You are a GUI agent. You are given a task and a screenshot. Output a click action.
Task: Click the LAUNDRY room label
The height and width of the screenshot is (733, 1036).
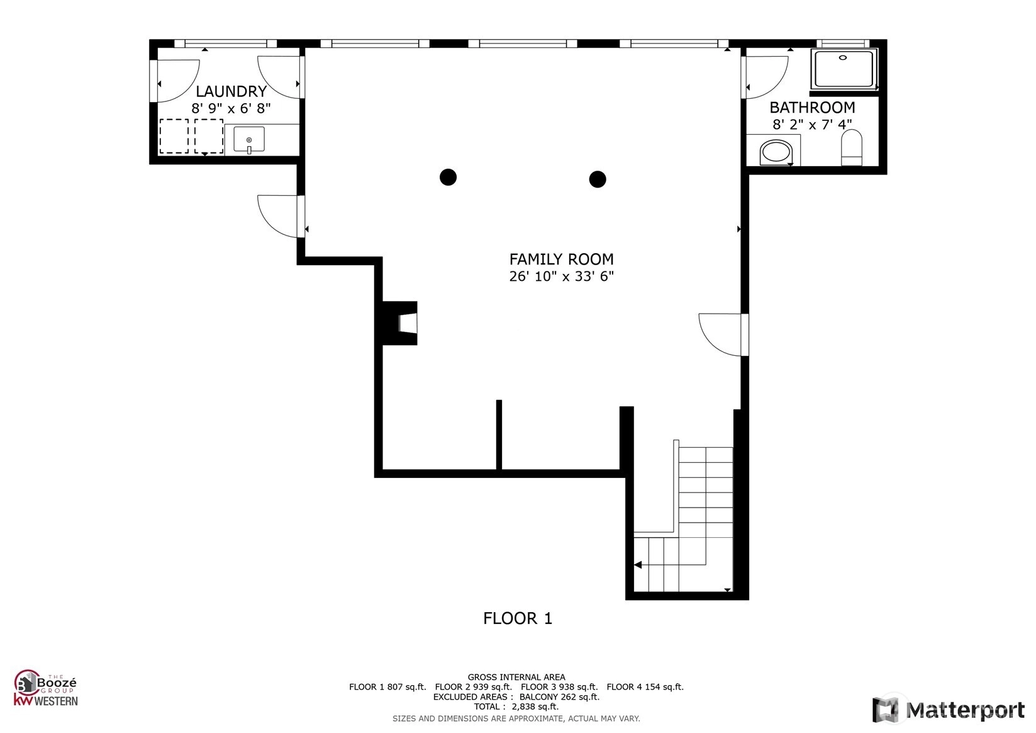coord(231,91)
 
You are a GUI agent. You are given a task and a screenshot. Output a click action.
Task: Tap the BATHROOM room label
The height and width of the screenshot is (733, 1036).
coord(812,108)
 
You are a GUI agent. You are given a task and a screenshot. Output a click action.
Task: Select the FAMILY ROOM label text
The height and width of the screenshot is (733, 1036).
coord(562,259)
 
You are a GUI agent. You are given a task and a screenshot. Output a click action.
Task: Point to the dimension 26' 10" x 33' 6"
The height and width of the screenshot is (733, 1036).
coord(562,276)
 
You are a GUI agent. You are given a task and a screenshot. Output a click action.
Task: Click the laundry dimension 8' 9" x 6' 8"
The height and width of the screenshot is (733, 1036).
coord(231,108)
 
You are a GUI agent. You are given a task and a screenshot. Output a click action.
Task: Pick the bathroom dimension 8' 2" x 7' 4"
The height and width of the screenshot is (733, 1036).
coord(812,125)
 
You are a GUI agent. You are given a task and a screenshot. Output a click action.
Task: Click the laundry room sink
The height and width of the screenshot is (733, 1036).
coord(249,139)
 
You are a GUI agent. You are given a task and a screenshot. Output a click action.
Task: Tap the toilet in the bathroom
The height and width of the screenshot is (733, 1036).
coord(852,147)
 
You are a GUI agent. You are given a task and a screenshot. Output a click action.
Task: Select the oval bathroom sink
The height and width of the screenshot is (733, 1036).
coord(776,151)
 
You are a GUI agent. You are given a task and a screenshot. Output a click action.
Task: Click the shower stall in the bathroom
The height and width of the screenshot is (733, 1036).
coord(844,69)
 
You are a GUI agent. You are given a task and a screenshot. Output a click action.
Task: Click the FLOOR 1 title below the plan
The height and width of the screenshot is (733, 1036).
coord(518,618)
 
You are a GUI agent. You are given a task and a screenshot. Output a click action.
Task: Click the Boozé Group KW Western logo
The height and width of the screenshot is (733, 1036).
coord(45,688)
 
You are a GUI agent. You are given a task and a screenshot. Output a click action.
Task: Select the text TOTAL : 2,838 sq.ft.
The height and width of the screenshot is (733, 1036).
coord(516,707)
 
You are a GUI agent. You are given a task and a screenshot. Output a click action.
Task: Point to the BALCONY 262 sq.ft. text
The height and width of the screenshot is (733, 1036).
coord(559,697)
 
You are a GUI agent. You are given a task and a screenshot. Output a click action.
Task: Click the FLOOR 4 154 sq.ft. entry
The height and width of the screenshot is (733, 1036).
coord(645,687)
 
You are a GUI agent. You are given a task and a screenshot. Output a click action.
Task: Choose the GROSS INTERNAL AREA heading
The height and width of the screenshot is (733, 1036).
coord(516,678)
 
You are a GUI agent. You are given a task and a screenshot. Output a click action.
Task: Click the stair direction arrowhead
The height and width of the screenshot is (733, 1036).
coord(638,565)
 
